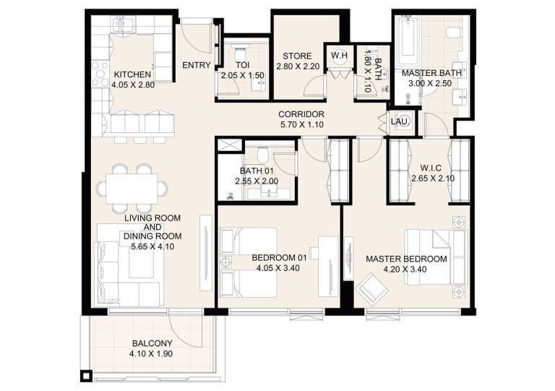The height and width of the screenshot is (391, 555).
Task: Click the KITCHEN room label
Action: click(132, 74)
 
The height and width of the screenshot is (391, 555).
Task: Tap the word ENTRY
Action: click(197, 66)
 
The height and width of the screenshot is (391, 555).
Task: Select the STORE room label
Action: click(296, 56)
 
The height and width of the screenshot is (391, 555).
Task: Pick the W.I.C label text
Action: click(426, 168)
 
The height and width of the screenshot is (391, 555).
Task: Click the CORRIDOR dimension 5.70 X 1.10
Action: click(301, 125)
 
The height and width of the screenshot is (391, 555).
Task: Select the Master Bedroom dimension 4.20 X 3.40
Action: click(405, 270)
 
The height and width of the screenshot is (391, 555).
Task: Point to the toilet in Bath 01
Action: click(264, 154)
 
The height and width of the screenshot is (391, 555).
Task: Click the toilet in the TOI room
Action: click(242, 56)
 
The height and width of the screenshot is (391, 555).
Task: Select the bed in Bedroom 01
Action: click(249, 259)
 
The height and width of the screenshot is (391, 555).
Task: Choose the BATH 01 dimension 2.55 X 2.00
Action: click(257, 181)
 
